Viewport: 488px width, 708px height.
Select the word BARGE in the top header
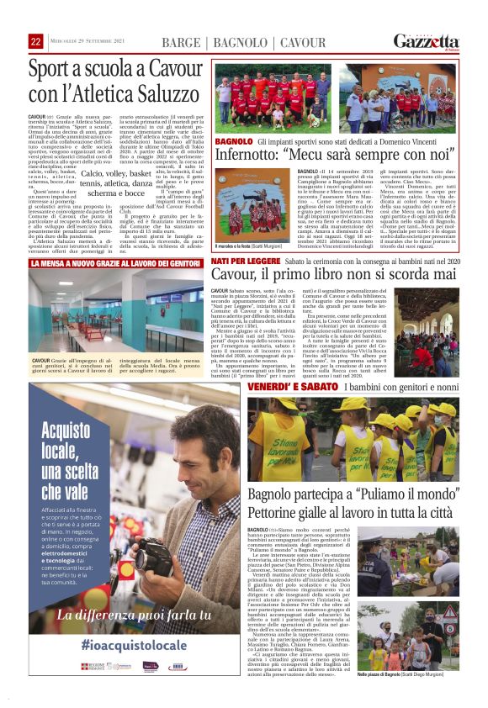(180, 42)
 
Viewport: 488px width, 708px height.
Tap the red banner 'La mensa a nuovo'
(117, 263)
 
